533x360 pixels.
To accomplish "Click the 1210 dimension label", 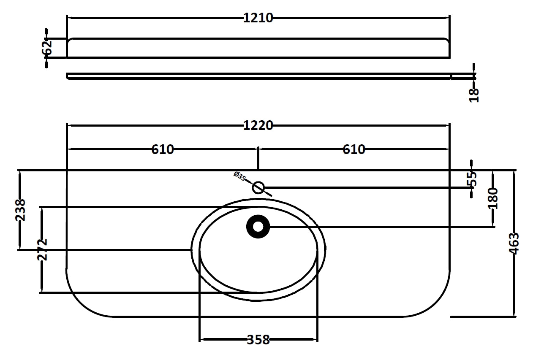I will (258, 18).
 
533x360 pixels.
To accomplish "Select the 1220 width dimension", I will (258, 125).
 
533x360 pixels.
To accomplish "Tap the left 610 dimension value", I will (163, 149).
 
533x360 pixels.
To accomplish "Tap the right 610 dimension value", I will (354, 149).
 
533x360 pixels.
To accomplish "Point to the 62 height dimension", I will (47, 48).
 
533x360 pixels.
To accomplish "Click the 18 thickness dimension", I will (474, 95).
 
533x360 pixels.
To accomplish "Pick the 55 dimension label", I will (473, 179).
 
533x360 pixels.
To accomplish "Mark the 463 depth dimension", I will (514, 244).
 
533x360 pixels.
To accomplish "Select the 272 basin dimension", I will (42, 249).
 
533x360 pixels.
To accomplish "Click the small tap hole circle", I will (258, 187).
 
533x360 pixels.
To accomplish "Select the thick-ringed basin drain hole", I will (258, 227).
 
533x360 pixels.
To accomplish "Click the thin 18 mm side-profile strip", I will (258, 76).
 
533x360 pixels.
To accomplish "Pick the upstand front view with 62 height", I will (258, 48).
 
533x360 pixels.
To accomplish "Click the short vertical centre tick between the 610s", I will (258, 158).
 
